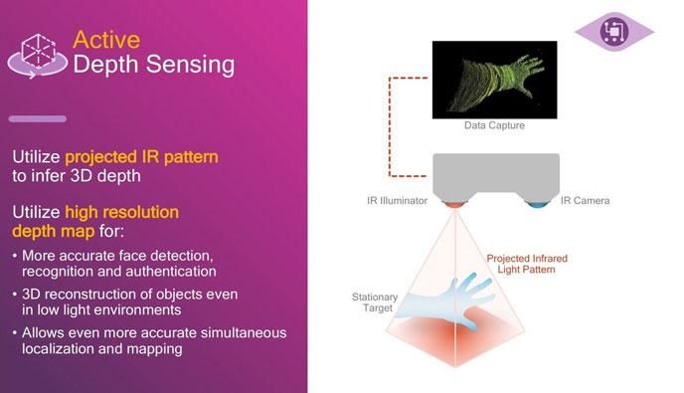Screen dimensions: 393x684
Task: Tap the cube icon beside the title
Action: tap(38, 52)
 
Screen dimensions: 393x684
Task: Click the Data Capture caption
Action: tap(494, 125)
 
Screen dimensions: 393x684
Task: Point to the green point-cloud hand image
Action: tap(494, 79)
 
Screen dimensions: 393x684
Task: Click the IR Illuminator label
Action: tap(397, 201)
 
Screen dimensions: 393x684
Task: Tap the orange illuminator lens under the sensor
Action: tap(454, 204)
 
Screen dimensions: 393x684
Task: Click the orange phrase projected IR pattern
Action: tap(141, 156)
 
